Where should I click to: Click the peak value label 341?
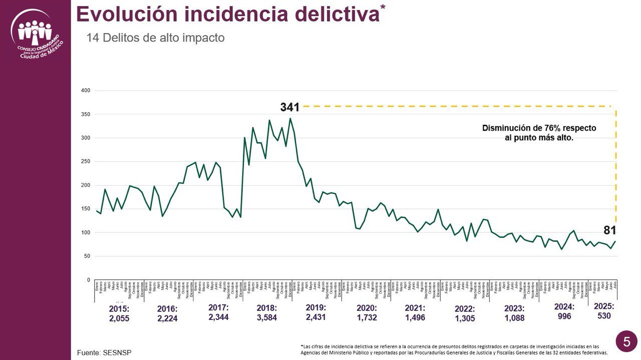click(289, 107)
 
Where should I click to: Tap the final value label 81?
click(609, 230)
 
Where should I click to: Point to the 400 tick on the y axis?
click(86, 91)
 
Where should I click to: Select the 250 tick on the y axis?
click(86, 162)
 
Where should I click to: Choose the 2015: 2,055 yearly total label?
click(119, 313)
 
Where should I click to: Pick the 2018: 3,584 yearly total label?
click(266, 312)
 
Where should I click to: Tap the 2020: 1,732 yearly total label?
click(367, 312)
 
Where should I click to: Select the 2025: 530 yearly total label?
click(604, 311)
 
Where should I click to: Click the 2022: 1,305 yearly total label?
click(465, 313)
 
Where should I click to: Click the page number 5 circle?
click(626, 341)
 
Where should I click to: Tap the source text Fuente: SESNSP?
click(104, 352)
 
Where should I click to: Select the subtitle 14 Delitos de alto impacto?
click(155, 38)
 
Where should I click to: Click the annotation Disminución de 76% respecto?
click(539, 128)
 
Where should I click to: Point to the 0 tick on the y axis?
click(89, 280)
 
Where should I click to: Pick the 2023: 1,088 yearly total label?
click(514, 313)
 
